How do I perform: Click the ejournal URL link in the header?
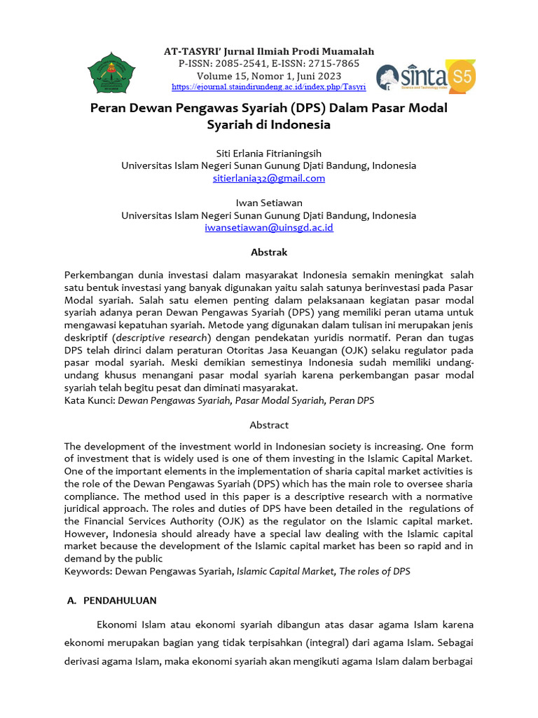(269, 87)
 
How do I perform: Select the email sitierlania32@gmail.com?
(269, 178)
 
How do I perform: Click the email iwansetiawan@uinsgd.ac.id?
(269, 228)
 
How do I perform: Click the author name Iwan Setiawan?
(269, 203)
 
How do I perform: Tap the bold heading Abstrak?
(269, 252)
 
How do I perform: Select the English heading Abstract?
(269, 425)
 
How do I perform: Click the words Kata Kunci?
(89, 400)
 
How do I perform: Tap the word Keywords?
(88, 571)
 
